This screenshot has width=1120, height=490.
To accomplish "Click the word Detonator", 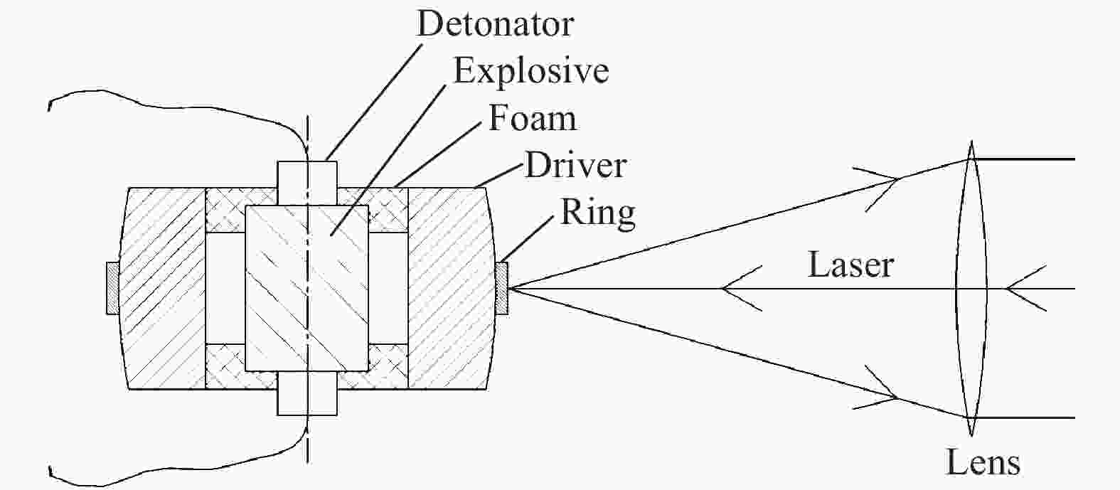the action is pos(495,23).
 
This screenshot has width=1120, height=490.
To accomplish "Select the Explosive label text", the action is pos(531,72).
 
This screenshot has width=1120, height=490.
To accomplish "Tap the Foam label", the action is pos(532,118).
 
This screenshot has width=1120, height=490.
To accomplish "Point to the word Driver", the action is pos(575,165).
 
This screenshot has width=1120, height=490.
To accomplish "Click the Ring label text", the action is pos(598,213).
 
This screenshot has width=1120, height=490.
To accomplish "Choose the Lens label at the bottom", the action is pos(983,462).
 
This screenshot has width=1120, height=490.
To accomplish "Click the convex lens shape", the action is pos(971,289).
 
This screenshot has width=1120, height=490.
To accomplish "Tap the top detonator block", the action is pos(307,183).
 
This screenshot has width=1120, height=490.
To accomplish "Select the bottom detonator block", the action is pos(307,393).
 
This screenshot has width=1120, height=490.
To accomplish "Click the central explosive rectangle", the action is pos(307,288).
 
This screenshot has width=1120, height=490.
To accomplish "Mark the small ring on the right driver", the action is pos(502,289).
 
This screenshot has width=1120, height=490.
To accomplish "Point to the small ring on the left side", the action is pos(113,289).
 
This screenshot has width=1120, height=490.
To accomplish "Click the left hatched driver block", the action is pos(163,289).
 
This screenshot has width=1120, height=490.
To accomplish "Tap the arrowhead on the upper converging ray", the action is pos(880,188).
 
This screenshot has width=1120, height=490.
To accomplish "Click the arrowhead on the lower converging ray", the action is pos(880,388).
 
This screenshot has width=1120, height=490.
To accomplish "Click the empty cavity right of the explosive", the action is pos(388,289).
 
